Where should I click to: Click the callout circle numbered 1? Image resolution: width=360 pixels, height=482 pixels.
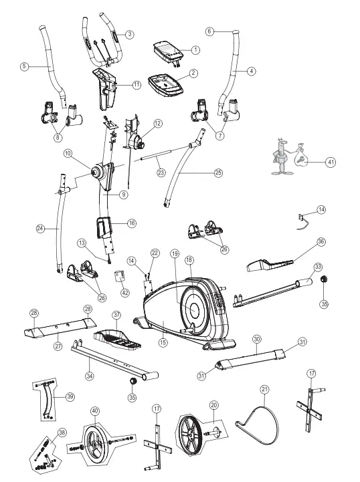point(195,49)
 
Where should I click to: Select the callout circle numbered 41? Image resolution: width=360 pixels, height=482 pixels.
point(331,162)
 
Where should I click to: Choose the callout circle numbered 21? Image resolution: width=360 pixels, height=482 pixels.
point(265,388)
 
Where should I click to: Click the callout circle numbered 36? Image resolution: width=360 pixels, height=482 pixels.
point(321,241)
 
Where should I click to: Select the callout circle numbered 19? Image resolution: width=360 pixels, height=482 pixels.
point(175,254)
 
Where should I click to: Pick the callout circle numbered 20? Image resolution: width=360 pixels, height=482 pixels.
point(214,405)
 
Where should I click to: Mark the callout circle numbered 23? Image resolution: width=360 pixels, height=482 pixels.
point(161,173)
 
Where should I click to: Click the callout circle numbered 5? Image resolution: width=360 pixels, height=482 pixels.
point(25,66)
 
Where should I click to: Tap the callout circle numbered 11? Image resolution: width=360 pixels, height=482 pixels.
point(137,85)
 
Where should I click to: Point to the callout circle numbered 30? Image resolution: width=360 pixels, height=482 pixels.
point(256,339)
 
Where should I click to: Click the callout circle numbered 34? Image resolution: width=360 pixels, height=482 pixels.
point(90,376)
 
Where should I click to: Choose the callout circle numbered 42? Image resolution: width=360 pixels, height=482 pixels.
point(124,291)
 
